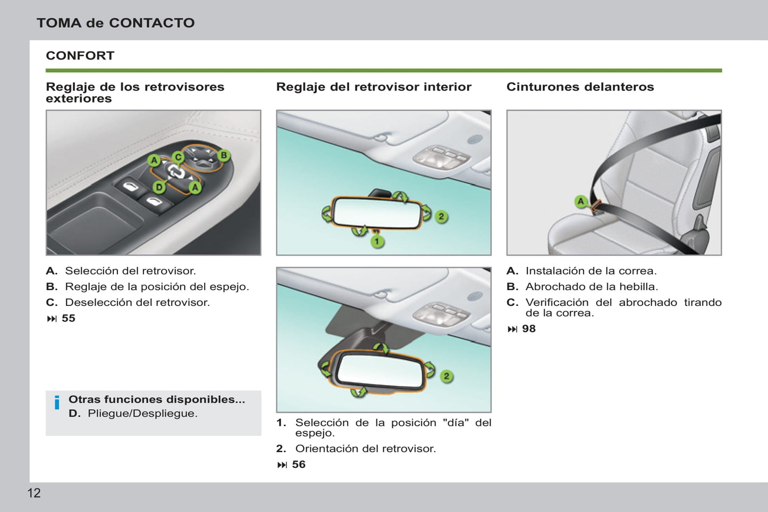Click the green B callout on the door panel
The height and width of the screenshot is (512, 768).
224,156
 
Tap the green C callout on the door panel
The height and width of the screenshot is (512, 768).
178,157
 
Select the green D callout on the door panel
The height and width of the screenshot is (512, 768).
159,187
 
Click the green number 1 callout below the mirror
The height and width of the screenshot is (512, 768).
377,242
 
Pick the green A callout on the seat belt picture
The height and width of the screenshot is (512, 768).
581,201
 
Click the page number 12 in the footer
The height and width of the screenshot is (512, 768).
33,493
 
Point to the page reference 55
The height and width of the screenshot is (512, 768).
68,318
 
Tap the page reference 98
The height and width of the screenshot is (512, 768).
529,329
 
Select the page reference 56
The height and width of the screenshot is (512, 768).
299,464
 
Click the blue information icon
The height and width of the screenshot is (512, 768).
57,403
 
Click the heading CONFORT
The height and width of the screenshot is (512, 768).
80,56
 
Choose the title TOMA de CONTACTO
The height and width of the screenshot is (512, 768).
116,23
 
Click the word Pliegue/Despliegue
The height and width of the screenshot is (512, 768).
142,414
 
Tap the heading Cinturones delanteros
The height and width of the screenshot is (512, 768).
580,87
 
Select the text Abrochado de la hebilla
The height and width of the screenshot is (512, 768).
592,286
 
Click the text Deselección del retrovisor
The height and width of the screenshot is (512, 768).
138,303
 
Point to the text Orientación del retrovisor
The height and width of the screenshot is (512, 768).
366,449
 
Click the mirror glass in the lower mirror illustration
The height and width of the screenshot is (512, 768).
380,372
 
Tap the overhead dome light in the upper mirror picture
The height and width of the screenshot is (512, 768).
442,156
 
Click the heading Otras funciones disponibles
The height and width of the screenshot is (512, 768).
157,399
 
